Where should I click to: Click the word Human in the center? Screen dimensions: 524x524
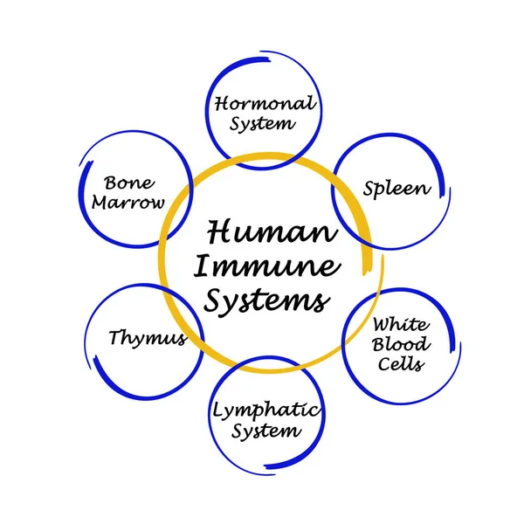click(x=272, y=233)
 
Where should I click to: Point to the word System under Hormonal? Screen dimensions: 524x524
click(x=262, y=123)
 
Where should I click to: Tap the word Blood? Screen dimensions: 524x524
click(x=401, y=344)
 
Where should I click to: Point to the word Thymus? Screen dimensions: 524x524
click(x=148, y=338)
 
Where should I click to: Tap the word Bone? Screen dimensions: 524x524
click(x=129, y=183)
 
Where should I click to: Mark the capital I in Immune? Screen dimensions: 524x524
click(x=202, y=265)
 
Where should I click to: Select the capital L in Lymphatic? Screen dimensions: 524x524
click(x=218, y=408)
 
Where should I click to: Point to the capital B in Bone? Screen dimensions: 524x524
click(x=111, y=183)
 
